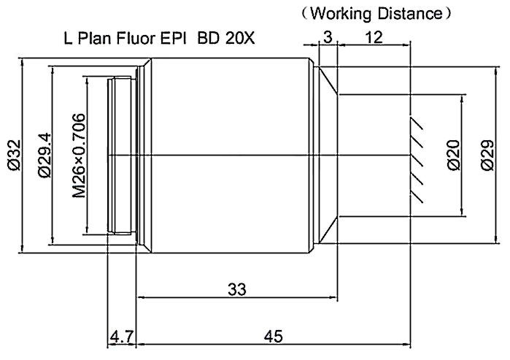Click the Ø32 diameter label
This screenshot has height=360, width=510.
(x=15, y=156)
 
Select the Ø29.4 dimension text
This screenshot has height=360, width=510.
(x=45, y=155)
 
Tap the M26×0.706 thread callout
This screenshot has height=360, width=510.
(x=79, y=156)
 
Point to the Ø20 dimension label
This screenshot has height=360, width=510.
(x=454, y=156)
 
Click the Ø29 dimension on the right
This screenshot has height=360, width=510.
(x=487, y=156)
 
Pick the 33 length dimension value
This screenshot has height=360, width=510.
(x=237, y=289)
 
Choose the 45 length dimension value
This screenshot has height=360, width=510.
(x=274, y=336)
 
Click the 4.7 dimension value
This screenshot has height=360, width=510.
(x=122, y=337)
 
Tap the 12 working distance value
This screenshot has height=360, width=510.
(x=374, y=37)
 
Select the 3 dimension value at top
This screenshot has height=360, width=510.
(x=328, y=37)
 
